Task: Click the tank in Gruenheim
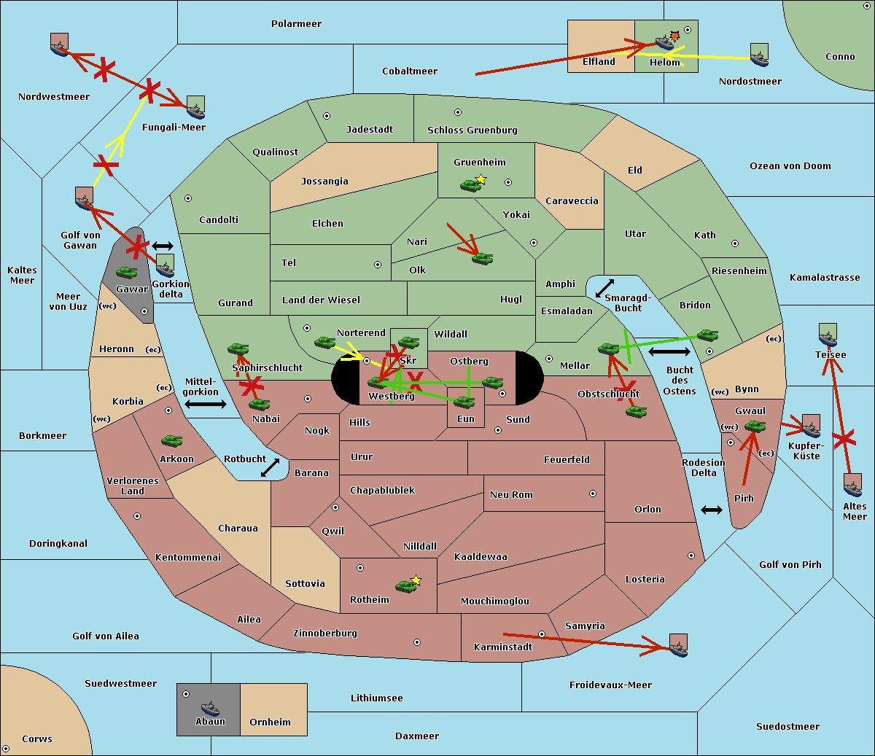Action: pos(470,185)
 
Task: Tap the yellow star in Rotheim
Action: pos(416,580)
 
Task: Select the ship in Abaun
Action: pos(210,708)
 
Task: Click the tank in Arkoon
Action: pos(172,440)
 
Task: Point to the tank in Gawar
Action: pos(127,273)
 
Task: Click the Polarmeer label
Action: pos(296,24)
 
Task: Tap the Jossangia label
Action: pos(324,182)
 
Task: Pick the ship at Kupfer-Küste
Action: pos(811,426)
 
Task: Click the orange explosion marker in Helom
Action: pos(674,36)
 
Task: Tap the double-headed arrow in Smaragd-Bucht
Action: pos(604,288)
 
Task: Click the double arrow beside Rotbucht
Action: pos(270,467)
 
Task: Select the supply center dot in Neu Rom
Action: pos(593,494)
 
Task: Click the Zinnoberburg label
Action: pos(325,634)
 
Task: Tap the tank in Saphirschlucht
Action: pos(238,348)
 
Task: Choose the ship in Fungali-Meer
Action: pos(195,107)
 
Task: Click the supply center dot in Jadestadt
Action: pos(327,116)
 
